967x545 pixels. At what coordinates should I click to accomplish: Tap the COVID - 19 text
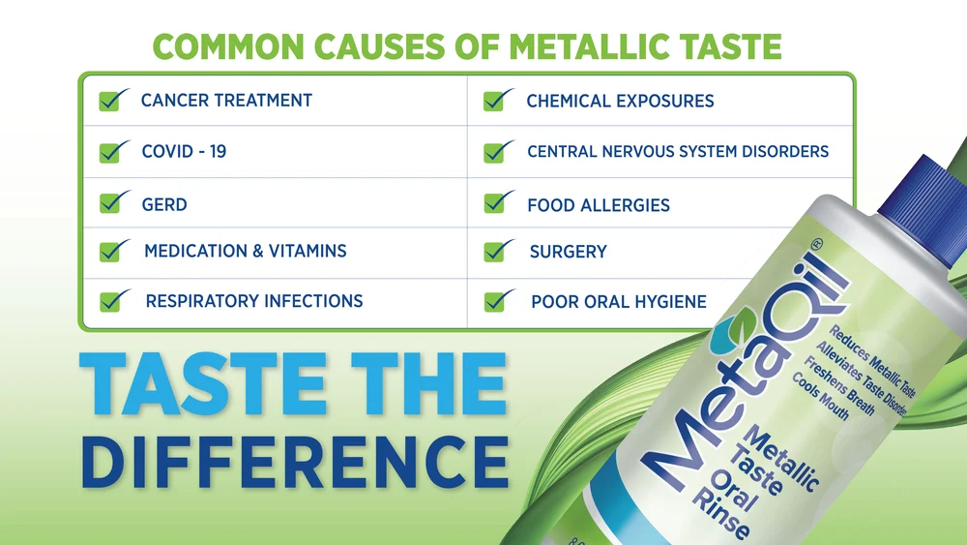184,152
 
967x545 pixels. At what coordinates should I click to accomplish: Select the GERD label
164,204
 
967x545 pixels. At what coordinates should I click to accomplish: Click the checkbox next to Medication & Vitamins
114,251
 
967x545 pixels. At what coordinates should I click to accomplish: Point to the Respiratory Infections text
254,301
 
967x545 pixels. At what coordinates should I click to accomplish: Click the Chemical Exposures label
620,101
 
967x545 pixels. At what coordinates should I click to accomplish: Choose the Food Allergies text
599,205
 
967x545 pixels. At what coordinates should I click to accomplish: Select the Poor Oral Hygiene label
619,302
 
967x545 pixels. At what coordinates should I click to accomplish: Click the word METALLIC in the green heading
593,46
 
